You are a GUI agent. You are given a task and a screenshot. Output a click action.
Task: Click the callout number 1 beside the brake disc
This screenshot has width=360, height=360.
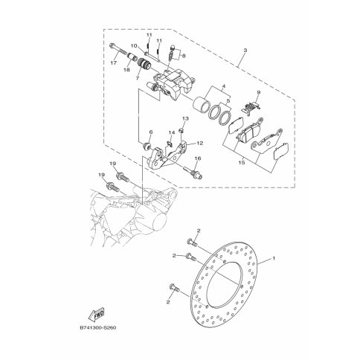pyautogui.click(x=274, y=258)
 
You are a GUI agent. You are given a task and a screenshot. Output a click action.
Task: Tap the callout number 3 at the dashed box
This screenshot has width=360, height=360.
pyautogui.click(x=245, y=51)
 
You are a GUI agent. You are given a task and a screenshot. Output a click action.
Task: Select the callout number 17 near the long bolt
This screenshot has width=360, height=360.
pyautogui.click(x=114, y=63)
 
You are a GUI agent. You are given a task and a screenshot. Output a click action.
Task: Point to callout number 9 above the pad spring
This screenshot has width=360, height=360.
pyautogui.click(x=258, y=92)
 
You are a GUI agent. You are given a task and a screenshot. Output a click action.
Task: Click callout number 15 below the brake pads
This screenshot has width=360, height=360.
pyautogui.click(x=242, y=163)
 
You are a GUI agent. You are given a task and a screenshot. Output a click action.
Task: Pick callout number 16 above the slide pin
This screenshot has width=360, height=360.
pyautogui.click(x=198, y=158)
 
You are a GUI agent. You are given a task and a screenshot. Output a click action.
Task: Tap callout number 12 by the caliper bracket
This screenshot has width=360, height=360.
pyautogui.click(x=200, y=143)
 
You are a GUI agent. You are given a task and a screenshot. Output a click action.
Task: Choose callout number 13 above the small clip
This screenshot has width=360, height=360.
pyautogui.click(x=185, y=118)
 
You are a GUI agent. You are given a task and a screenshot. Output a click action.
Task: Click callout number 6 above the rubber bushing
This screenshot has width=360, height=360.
pyautogui.click(x=150, y=132)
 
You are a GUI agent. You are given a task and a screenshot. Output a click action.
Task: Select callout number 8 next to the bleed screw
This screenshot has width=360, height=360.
pyautogui.click(x=184, y=56)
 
